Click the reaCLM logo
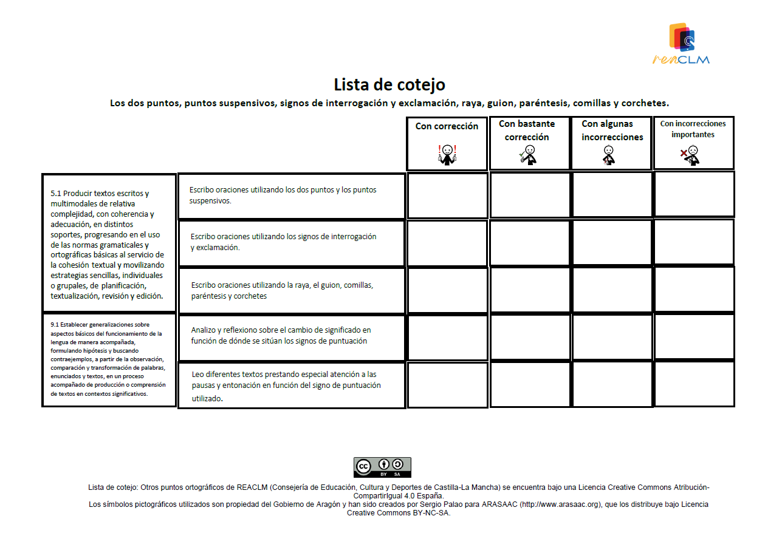pos(681,43)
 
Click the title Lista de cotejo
pos(389,84)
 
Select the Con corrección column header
pos(447,126)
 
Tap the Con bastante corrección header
pos(527,131)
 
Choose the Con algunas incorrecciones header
pos(612,131)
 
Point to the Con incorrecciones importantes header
pos(693,129)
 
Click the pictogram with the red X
pos(690,155)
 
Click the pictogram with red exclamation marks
pos(447,155)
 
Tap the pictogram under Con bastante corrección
pos(527,155)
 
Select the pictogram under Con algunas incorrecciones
pos(609,155)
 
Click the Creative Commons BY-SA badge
pos(382,467)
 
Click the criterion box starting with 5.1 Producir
pos(109,243)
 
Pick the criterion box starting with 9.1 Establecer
pos(109,359)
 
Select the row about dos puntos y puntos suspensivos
pos(292,195)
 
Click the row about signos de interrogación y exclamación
pos(292,242)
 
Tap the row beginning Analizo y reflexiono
pos(292,336)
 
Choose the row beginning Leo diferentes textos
pos(292,385)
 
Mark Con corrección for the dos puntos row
pos(447,195)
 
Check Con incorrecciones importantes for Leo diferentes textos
pos(694,384)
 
